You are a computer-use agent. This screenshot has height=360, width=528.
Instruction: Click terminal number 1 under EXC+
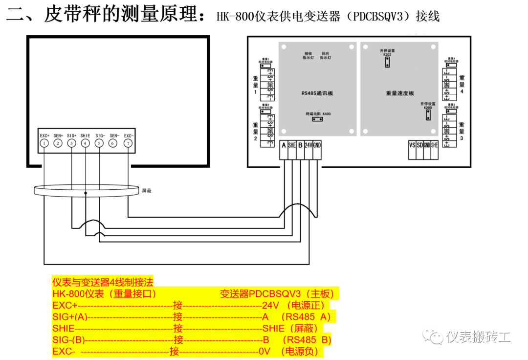[44, 143]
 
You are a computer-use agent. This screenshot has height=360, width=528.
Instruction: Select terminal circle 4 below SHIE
[86, 143]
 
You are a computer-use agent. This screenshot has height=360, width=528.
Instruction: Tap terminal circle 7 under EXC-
[129, 143]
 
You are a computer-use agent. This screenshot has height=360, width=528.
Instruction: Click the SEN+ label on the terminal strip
[58, 135]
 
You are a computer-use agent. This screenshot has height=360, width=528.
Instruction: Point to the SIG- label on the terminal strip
[100, 135]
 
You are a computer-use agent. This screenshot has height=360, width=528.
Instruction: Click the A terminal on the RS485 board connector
[284, 145]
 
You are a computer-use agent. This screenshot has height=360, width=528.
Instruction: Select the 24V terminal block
[308, 145]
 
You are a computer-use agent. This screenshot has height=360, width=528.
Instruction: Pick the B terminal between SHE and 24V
[300, 145]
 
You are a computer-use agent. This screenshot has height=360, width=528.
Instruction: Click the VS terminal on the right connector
[412, 145]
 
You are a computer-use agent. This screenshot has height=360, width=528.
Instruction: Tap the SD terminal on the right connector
[420, 145]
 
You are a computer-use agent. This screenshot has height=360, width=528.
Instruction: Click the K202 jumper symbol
[387, 63]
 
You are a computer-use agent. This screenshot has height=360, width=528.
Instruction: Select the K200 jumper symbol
[428, 114]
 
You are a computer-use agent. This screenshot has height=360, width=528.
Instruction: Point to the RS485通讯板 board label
[317, 93]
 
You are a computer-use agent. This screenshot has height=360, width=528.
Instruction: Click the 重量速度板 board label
[400, 93]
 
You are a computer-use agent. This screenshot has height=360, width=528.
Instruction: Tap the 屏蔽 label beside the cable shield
[147, 191]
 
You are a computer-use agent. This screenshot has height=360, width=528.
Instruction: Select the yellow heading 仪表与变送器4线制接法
[103, 282]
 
